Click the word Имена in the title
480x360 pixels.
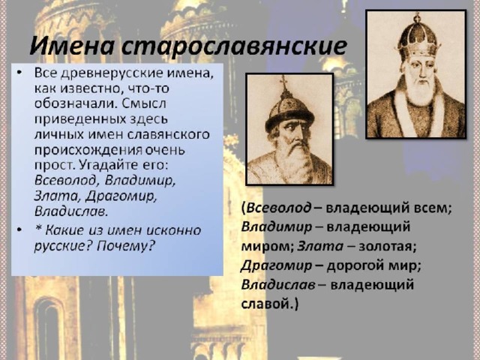[x=72, y=46]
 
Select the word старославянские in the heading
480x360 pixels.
[x=234, y=46]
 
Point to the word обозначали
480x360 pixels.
[x=76, y=103]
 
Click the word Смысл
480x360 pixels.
[x=144, y=103]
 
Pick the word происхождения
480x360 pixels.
[x=88, y=150]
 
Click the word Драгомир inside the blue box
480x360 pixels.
[x=121, y=196]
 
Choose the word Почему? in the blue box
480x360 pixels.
[x=125, y=246]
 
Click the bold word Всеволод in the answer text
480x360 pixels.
[x=279, y=208]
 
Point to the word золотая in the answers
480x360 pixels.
[x=387, y=247]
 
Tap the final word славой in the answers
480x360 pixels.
[x=265, y=304]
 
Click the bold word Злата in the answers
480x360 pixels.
[x=320, y=247]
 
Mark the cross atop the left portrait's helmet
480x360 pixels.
[x=284, y=81]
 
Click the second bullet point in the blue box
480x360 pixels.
[x=20, y=230]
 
